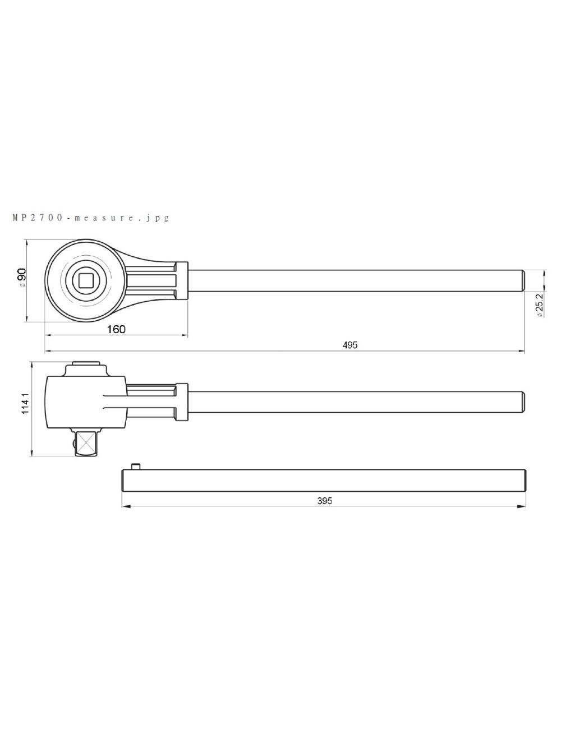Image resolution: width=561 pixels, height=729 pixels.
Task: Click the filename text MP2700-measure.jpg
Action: pos(90,218)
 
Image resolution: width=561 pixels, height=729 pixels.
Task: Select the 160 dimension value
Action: pos(116,329)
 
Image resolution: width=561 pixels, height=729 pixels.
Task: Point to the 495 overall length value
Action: pos(350,345)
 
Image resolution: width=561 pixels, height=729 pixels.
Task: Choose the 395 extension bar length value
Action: pos(324,501)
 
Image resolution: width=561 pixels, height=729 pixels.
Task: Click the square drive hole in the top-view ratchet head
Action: pos(86,280)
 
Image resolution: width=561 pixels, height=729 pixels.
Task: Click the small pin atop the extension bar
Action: pos(135,465)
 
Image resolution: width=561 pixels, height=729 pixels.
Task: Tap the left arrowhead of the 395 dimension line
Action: pos(125,506)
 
